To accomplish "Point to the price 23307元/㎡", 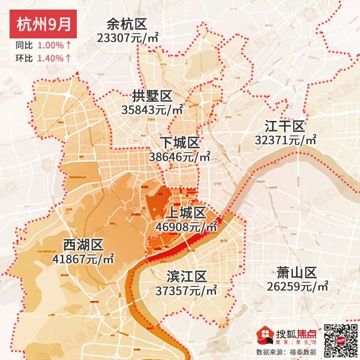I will (128, 38).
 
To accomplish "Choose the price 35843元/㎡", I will (152, 109).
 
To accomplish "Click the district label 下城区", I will (179, 143).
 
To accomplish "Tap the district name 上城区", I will (186, 213).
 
